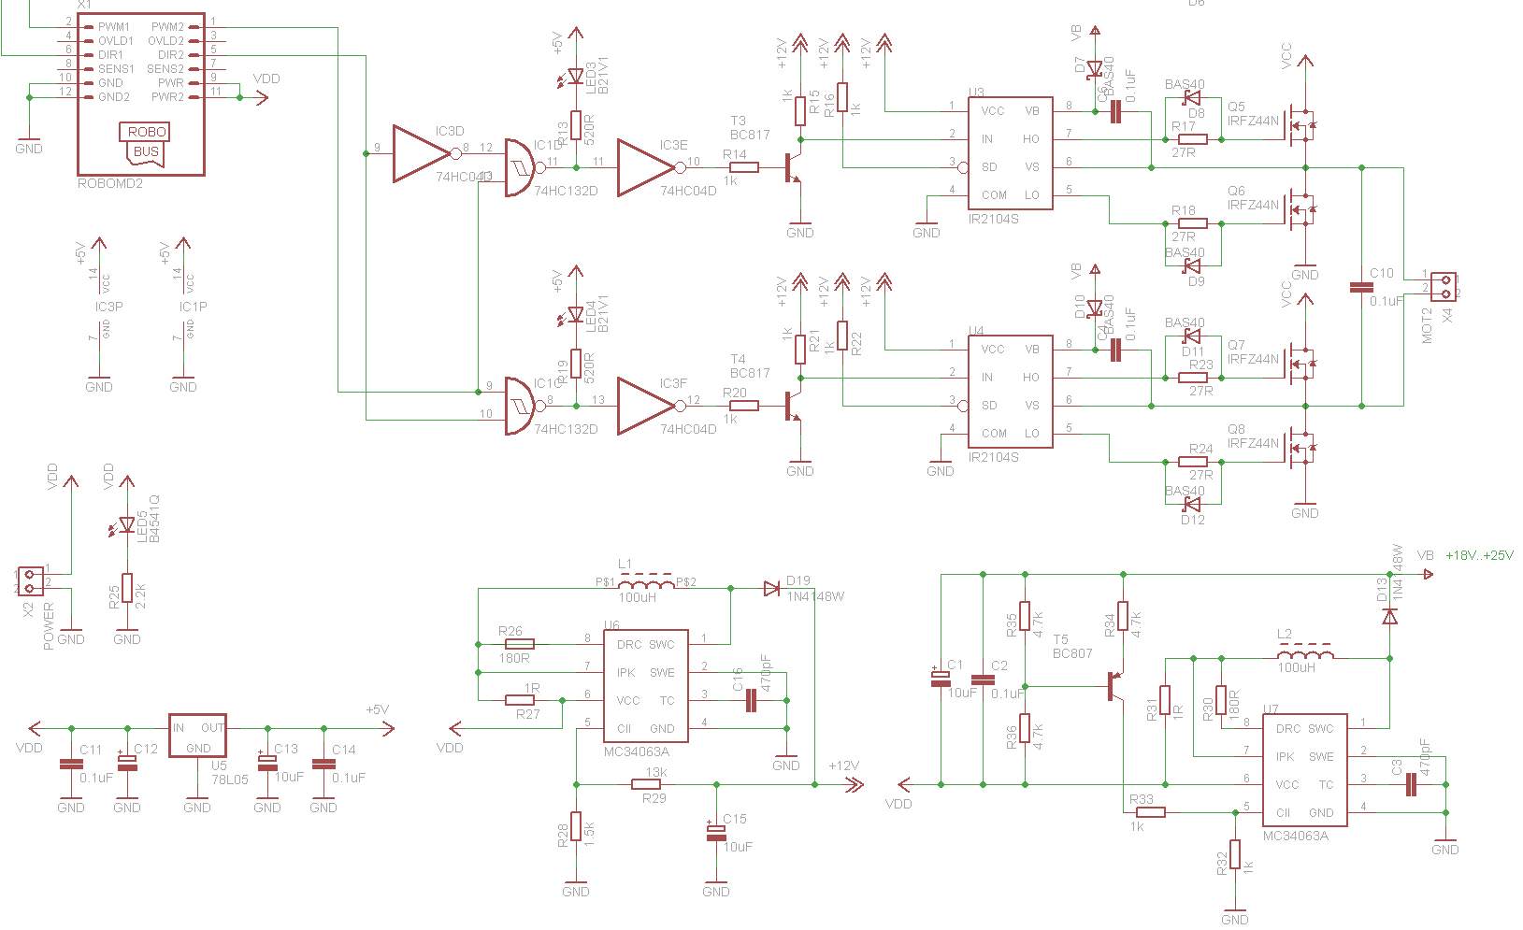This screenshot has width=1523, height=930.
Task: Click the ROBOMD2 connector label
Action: (110, 184)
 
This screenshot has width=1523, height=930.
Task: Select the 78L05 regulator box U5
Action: (197, 736)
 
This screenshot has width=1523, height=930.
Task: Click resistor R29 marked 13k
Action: (654, 785)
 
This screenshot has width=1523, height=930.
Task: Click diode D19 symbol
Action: (772, 588)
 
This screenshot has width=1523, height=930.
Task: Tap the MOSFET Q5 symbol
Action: (1300, 122)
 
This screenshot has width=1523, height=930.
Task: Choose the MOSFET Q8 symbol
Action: (1300, 445)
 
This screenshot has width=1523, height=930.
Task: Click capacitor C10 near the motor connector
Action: (1361, 287)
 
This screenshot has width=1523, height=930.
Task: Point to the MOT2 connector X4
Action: (1443, 287)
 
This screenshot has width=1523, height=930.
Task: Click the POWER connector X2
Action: (30, 580)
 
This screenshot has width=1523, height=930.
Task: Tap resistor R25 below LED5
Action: (127, 591)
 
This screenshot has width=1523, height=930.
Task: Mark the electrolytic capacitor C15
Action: (716, 833)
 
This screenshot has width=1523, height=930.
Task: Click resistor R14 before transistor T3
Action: (743, 167)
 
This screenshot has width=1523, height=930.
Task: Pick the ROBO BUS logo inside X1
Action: (146, 142)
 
